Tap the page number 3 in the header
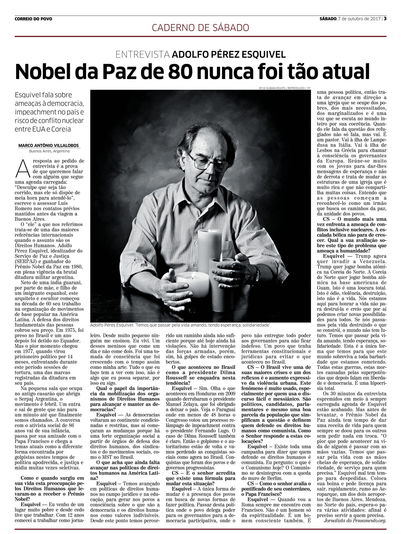click(385, 19)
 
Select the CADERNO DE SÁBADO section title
click(200, 27)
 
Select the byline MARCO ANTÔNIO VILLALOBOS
click(49, 146)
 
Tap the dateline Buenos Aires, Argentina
click(49, 151)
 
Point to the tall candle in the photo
click(209, 248)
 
